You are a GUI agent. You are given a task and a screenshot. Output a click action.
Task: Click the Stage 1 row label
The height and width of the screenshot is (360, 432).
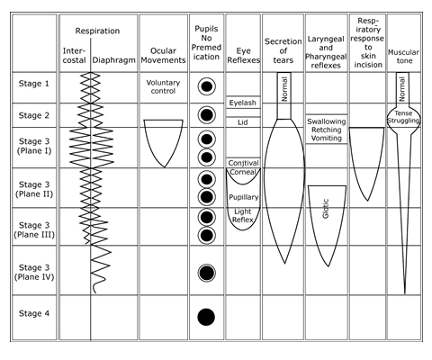(x=33, y=84)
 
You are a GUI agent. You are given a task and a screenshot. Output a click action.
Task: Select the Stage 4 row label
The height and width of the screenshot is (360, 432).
(x=34, y=313)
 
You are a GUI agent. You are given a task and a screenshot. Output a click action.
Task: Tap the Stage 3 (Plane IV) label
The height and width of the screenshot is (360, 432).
(x=34, y=272)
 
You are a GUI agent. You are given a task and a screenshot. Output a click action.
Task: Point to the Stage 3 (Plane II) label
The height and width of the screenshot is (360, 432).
(x=34, y=189)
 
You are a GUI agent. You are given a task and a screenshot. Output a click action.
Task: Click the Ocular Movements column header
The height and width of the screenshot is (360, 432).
(x=163, y=56)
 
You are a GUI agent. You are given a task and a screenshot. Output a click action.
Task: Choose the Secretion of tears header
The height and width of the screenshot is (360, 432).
(x=283, y=50)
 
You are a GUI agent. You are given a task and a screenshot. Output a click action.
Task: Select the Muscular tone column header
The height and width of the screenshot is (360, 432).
(x=403, y=57)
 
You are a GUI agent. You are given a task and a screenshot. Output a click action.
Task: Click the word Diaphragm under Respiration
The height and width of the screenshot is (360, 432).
(x=113, y=60)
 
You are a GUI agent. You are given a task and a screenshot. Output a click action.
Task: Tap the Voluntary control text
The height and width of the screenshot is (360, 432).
(x=163, y=86)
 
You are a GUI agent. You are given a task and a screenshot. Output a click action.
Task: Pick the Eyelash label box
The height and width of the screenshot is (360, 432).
(x=243, y=103)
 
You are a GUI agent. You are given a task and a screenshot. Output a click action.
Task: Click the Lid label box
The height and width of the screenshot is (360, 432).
(x=243, y=122)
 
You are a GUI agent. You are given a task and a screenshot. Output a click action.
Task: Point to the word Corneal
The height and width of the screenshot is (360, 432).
(x=243, y=172)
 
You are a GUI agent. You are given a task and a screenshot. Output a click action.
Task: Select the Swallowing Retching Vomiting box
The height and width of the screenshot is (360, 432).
(x=327, y=130)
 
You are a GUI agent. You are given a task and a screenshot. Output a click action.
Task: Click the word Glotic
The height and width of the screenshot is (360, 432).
(x=326, y=208)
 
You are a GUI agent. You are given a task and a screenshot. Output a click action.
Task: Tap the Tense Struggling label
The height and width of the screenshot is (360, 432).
(x=403, y=117)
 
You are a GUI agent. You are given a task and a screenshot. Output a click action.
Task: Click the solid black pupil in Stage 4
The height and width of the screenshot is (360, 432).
(x=206, y=317)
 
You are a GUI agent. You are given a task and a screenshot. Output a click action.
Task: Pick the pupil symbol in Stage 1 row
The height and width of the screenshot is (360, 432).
(x=206, y=86)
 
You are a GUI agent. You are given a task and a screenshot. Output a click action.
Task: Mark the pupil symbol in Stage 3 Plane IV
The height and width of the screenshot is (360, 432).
(x=206, y=273)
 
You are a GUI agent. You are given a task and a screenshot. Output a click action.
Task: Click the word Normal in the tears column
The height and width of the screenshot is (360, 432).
(x=284, y=89)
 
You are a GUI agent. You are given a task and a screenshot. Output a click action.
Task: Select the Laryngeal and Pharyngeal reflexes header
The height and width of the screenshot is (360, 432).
(x=326, y=52)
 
